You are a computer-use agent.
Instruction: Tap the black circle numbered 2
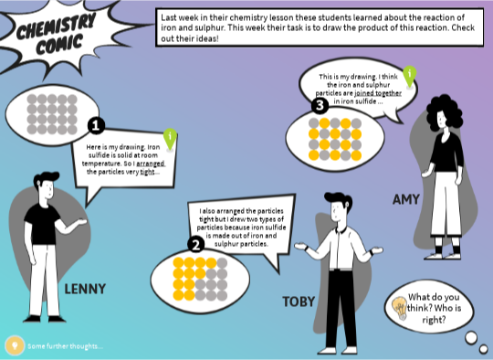[x=194, y=244]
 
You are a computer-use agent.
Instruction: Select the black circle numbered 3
[x=320, y=106]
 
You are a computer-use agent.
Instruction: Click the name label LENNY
[x=85, y=290]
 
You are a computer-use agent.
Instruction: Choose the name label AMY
[x=405, y=199]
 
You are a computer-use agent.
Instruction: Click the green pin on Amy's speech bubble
[x=410, y=75]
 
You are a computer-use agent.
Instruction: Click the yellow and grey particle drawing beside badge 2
[x=187, y=281]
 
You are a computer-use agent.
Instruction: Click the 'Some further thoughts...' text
[x=65, y=346]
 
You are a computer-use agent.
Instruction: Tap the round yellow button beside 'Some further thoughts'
[x=14, y=345]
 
